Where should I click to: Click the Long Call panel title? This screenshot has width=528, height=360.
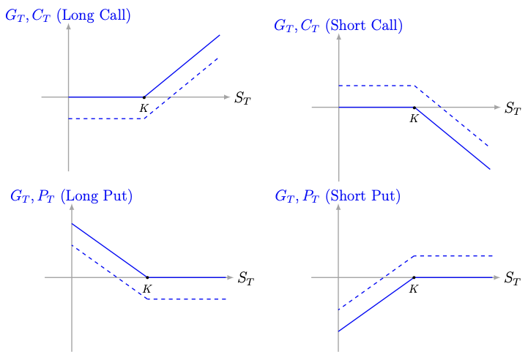click(67, 15)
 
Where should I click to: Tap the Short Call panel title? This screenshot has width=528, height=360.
click(338, 26)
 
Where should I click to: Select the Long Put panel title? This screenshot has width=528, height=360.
click(70, 196)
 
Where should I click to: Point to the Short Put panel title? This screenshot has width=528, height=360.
click(337, 196)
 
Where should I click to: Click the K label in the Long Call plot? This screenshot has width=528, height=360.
click(144, 108)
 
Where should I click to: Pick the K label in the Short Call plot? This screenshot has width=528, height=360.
click(414, 119)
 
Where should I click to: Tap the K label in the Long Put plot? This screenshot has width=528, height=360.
click(147, 288)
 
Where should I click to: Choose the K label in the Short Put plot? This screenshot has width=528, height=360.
click(414, 288)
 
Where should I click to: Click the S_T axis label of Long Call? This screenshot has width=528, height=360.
click(242, 98)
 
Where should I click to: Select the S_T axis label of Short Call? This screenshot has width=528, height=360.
click(513, 109)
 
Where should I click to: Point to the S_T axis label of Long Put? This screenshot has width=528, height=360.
click(246, 279)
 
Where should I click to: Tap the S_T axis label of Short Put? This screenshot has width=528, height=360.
click(513, 279)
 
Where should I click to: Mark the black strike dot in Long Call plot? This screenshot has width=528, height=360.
click(144, 97)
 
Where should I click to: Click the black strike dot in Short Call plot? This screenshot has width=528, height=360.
click(414, 108)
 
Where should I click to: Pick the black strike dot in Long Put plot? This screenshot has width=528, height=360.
click(147, 277)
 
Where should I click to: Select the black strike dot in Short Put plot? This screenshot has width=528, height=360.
click(414, 277)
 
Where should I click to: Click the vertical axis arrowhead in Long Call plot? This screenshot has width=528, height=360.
click(68, 26)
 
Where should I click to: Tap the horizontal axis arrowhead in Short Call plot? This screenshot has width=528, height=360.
click(498, 108)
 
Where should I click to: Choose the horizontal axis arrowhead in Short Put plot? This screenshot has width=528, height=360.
click(498, 277)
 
